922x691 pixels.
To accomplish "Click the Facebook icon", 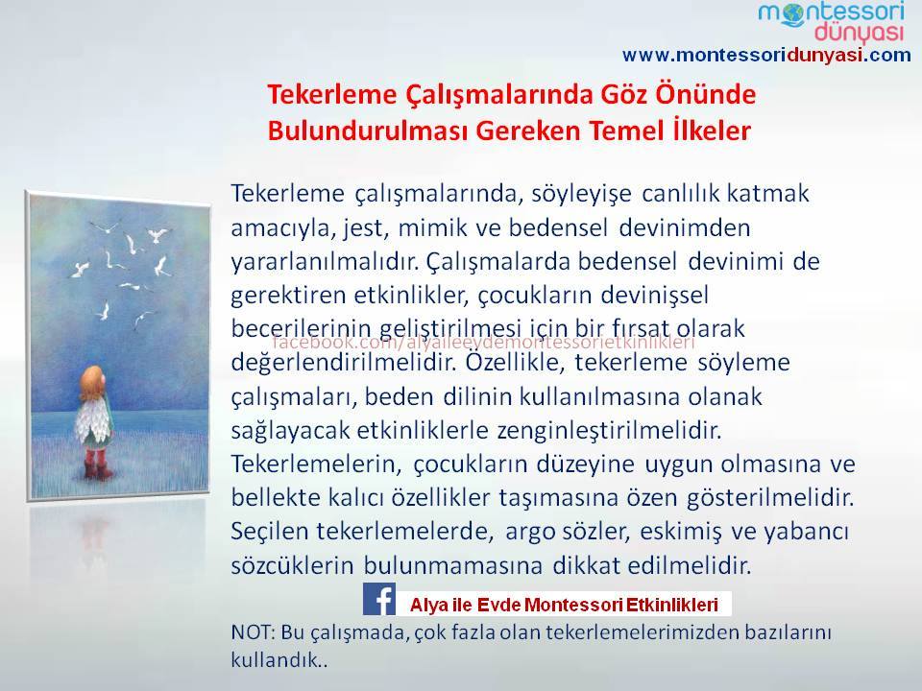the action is tap(378, 599).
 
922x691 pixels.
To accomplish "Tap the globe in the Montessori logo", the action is tap(791, 13).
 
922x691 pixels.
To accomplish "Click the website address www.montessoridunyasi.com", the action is tap(766, 56).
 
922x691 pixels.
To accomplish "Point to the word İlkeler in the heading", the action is tap(712, 131).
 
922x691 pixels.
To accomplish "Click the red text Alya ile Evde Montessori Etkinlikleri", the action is tap(564, 605).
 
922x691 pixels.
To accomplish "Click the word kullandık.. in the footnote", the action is tap(279, 660).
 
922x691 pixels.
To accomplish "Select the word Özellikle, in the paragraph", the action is tap(515, 362).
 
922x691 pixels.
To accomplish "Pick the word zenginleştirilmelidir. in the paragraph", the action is tap(609, 431).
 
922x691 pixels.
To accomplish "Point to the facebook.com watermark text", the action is tap(483, 343).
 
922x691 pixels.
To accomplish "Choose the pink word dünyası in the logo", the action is tap(859, 33).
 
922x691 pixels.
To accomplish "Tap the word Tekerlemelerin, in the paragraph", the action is tap(316, 465).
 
